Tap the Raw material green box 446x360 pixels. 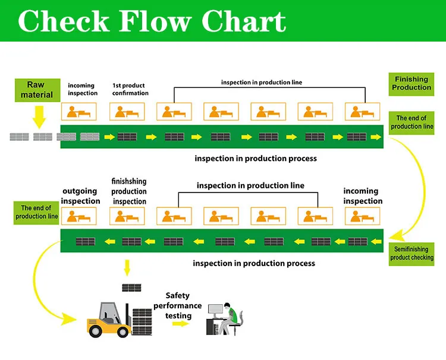coord(37,90)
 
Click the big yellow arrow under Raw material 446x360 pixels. coord(39,116)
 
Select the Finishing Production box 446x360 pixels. coord(412,83)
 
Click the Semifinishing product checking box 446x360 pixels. coord(412,254)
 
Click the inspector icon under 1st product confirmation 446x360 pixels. coord(127,112)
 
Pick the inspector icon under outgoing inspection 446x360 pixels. coord(80,216)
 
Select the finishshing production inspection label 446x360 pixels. coord(129,191)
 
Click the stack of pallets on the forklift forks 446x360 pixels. coord(142,321)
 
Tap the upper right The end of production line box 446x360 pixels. coord(412,122)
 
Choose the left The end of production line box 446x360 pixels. coord(36,212)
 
